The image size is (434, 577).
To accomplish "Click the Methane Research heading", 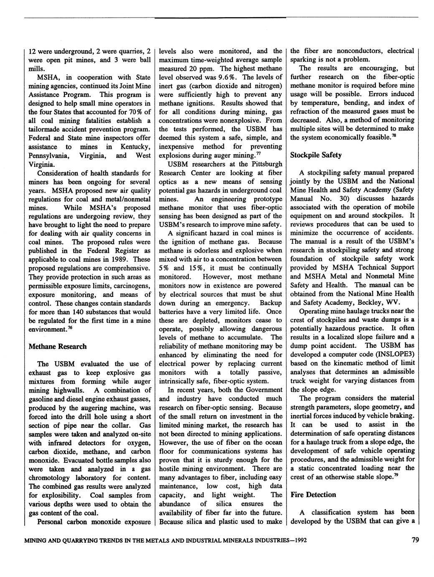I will (x=58, y=346).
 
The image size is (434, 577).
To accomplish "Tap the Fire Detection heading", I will (x=313, y=495).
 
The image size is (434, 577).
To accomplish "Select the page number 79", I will (x=415, y=540).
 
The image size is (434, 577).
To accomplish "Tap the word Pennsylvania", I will (x=48, y=156).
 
